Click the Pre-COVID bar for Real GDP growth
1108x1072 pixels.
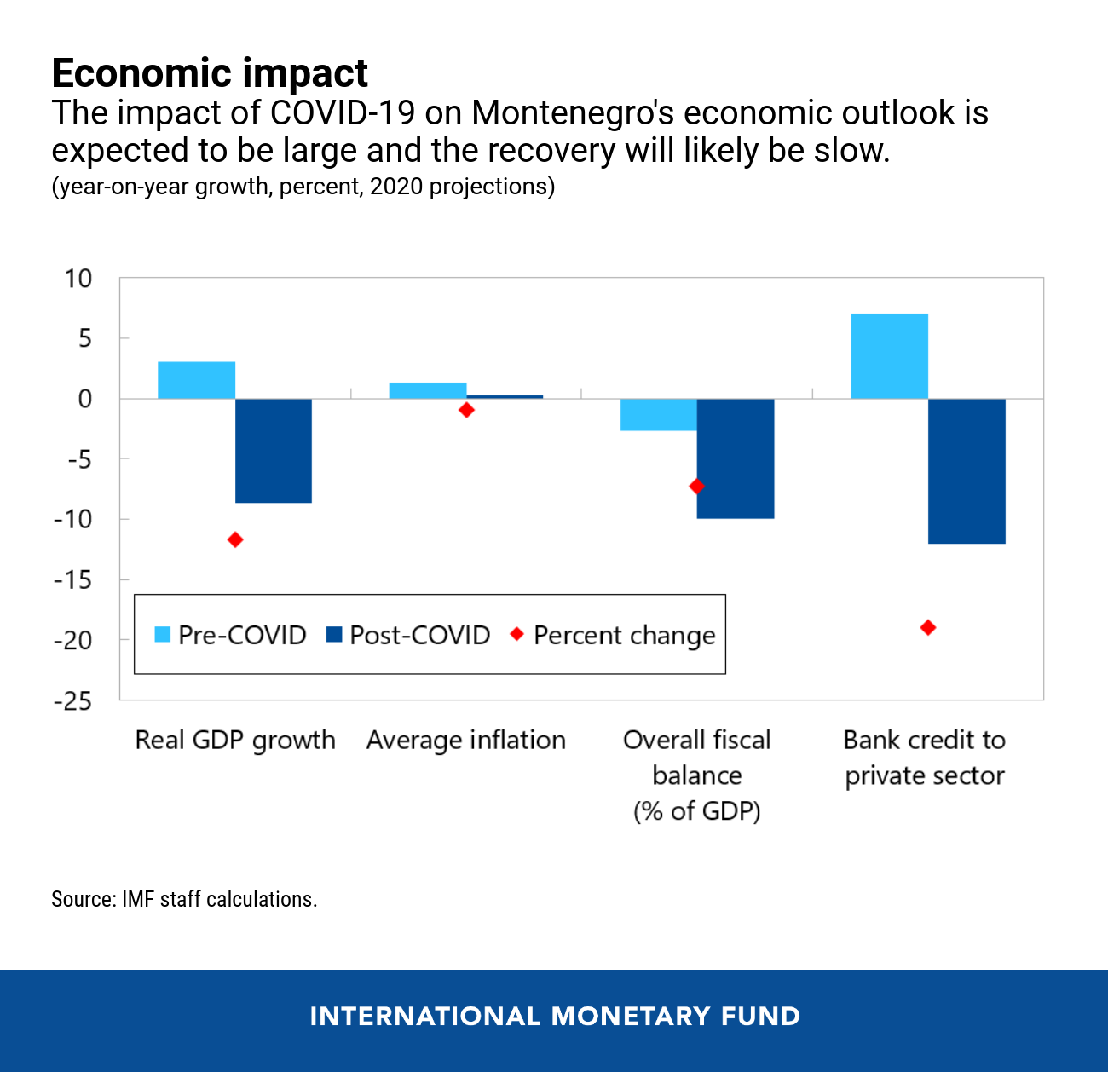coord(196,380)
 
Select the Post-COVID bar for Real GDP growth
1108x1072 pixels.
coord(274,451)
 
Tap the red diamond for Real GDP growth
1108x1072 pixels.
coord(235,539)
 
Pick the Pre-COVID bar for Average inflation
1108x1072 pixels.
coord(427,390)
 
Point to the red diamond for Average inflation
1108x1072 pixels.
coord(466,410)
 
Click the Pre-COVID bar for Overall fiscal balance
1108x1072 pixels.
coord(658,415)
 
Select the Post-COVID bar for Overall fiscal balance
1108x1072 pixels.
coord(736,458)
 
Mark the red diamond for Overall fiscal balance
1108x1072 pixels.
coord(696,487)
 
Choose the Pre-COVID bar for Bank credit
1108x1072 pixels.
coord(889,356)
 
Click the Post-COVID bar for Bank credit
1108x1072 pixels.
coord(967,471)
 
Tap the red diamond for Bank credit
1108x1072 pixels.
coord(928,628)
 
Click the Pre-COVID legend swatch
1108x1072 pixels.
coord(162,635)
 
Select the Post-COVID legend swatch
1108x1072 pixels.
coord(334,635)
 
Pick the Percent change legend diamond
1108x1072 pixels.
coord(516,635)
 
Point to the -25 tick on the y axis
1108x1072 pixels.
coord(72,700)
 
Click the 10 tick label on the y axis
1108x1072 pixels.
coord(78,279)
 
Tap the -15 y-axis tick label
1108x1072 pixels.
coord(72,579)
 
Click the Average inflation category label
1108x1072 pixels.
coord(465,740)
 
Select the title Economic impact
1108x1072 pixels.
coord(210,73)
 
